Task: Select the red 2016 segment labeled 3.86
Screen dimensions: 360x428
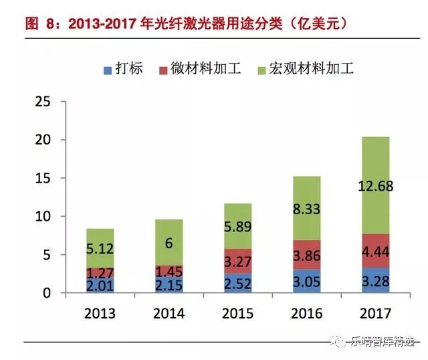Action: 306,255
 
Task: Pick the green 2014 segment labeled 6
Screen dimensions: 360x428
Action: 169,243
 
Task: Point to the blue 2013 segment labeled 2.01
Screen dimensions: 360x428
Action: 100,285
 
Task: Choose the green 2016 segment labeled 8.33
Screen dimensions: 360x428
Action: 306,208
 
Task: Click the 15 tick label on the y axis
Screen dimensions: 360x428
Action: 43,179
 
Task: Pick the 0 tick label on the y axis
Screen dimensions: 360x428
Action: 47,293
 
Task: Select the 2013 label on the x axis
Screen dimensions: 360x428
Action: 100,314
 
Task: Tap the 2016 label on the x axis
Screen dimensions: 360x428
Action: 306,314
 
